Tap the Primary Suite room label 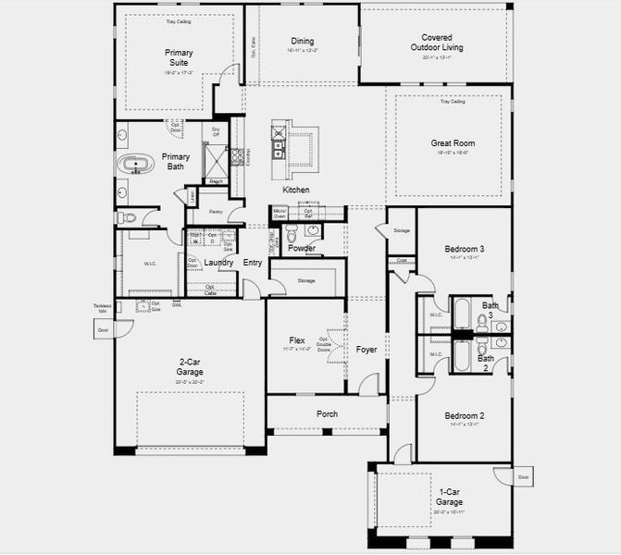click(x=179, y=57)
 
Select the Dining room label click(x=302, y=42)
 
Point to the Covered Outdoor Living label click(x=436, y=43)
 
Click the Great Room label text click(x=452, y=143)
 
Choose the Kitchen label click(x=296, y=190)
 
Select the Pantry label click(x=215, y=212)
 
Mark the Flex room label click(x=297, y=340)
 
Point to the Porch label click(x=327, y=413)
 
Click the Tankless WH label click(x=102, y=308)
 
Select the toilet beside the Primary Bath click(x=127, y=218)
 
